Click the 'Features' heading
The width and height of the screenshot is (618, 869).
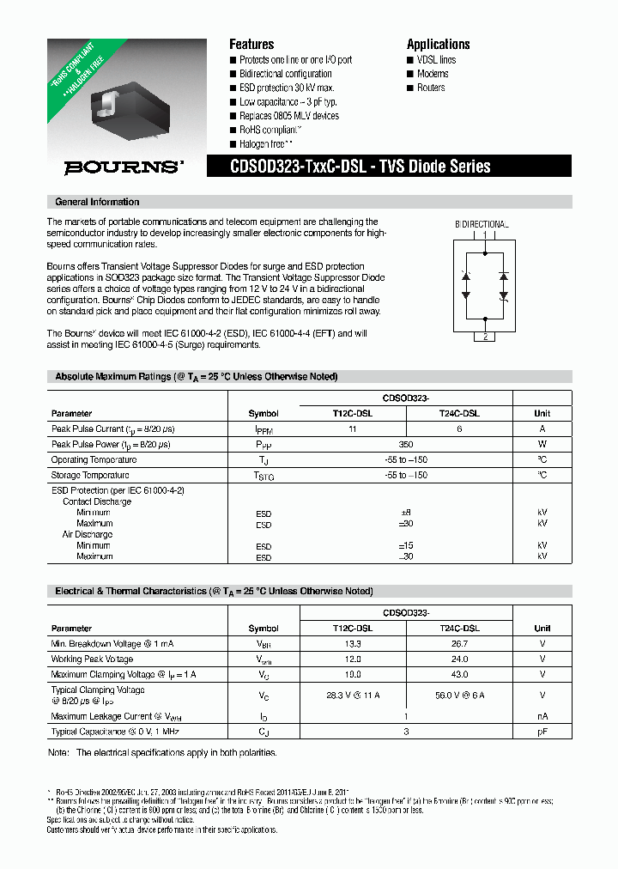click(251, 45)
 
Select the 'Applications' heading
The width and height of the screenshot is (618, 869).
click(438, 45)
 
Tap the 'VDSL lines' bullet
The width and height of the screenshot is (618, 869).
click(436, 60)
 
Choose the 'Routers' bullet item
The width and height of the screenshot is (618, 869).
click(430, 88)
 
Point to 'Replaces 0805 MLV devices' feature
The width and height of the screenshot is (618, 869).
click(288, 116)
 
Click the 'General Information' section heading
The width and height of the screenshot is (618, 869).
click(97, 202)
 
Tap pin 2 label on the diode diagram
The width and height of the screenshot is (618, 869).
click(485, 337)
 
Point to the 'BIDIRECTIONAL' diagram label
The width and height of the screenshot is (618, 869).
click(482, 224)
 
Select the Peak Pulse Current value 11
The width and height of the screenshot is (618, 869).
click(352, 428)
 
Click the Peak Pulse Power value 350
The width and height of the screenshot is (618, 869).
click(406, 444)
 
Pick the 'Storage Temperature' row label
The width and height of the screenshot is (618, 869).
click(90, 475)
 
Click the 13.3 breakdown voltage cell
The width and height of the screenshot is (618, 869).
click(352, 643)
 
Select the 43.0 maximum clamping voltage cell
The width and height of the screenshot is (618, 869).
click(459, 674)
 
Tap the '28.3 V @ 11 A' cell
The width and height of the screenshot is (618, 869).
click(352, 695)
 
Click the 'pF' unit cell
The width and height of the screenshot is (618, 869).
click(542, 731)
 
